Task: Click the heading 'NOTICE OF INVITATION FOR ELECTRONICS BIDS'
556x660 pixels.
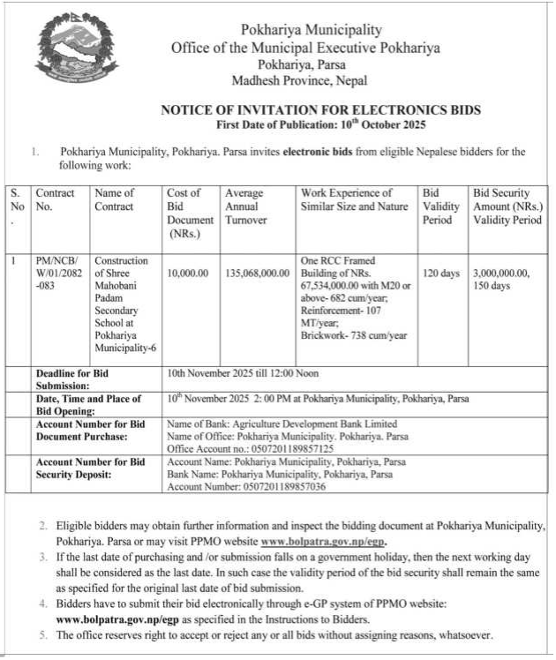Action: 320,110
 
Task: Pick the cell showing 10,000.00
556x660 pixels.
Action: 187,274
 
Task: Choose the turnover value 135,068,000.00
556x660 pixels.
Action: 257,274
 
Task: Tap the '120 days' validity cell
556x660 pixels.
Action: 441,274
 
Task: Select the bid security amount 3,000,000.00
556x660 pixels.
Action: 501,274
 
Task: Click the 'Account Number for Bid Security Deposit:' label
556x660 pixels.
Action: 89,468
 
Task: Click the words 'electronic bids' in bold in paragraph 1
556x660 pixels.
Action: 320,152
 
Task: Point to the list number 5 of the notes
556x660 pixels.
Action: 41,635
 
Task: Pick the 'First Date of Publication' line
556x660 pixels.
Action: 320,124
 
